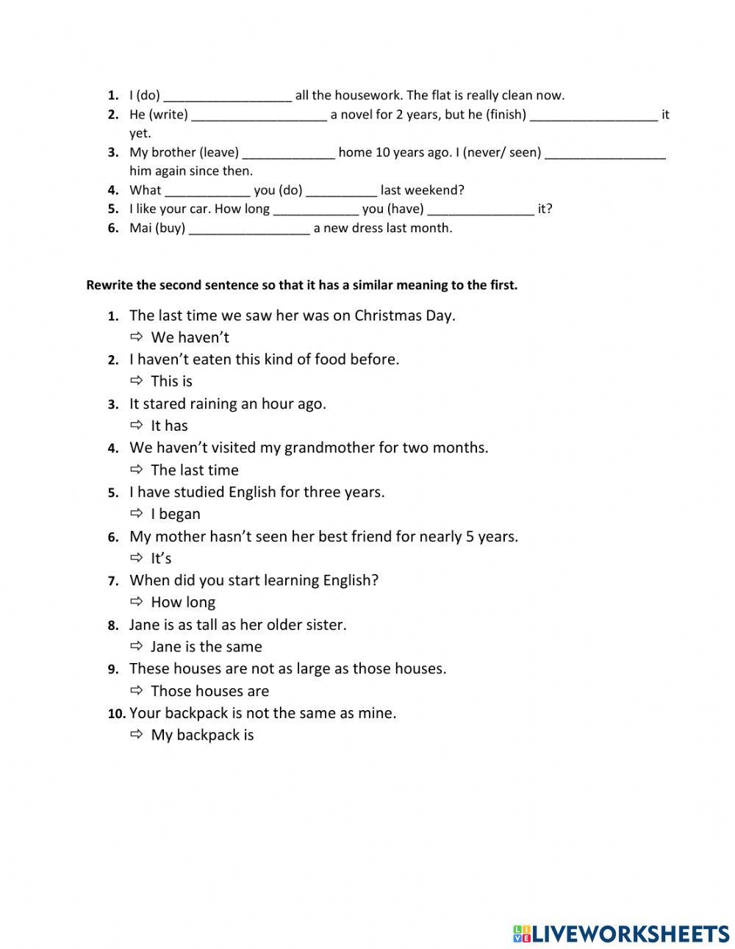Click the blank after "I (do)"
(x=227, y=96)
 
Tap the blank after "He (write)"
(x=259, y=115)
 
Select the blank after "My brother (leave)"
(x=288, y=153)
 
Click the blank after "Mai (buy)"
(x=249, y=229)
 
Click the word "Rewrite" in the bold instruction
(x=110, y=285)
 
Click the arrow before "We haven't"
(x=136, y=337)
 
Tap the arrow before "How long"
(x=136, y=601)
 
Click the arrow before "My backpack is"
(x=136, y=734)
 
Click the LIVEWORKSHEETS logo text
(x=629, y=934)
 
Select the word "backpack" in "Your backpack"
(x=196, y=713)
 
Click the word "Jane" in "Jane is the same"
(x=165, y=647)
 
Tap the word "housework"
(x=356, y=96)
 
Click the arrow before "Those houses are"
(x=136, y=690)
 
